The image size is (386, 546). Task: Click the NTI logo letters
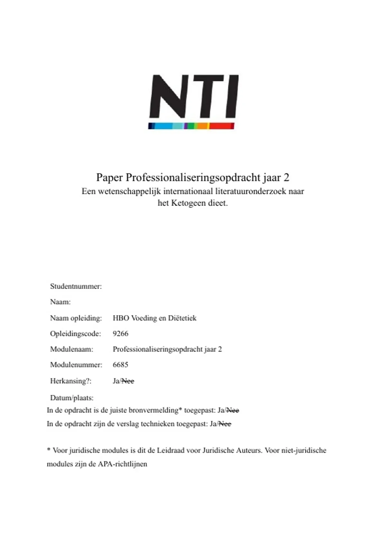click(x=194, y=96)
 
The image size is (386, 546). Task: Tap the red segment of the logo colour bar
click(x=222, y=126)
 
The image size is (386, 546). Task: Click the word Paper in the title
click(x=109, y=178)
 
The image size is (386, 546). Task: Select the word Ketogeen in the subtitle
click(x=186, y=203)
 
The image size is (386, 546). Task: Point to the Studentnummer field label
click(x=76, y=286)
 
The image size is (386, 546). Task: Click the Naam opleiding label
click(x=76, y=318)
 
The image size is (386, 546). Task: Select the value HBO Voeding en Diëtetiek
click(x=154, y=318)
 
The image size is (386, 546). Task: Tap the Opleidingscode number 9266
click(x=121, y=334)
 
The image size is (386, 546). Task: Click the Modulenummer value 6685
click(x=121, y=365)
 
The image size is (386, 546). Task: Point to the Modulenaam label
click(x=72, y=349)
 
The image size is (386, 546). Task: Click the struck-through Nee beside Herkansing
click(x=128, y=381)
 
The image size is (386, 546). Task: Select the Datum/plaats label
click(x=72, y=398)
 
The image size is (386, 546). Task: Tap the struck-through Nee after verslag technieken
click(x=225, y=424)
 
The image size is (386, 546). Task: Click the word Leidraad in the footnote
click(x=170, y=451)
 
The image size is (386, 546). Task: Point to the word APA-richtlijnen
click(x=122, y=464)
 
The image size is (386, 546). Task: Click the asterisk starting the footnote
click(x=49, y=450)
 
